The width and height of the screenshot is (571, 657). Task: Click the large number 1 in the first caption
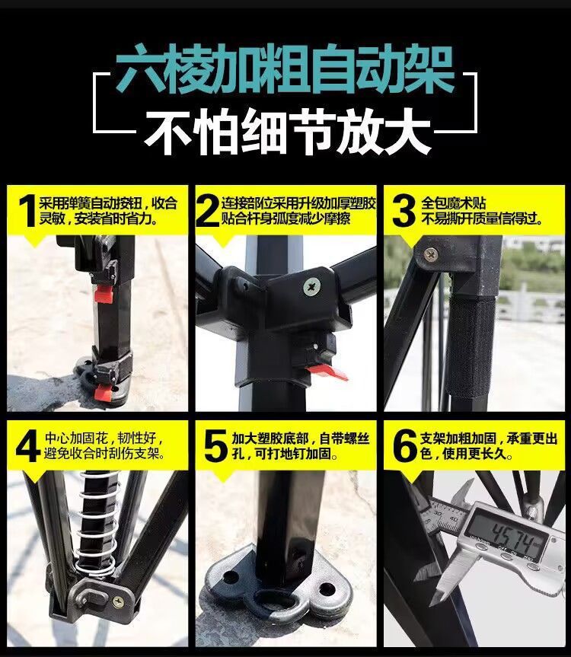click(26, 211)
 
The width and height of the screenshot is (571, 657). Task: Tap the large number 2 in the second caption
click(207, 211)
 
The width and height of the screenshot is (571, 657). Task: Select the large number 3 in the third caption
click(404, 211)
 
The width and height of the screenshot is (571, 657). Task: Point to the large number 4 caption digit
click(26, 446)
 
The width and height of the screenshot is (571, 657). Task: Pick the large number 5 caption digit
click(215, 446)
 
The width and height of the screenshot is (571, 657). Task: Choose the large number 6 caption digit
click(404, 446)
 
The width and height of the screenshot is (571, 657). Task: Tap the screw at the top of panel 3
click(431, 254)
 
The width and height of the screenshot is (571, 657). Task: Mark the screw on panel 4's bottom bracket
click(118, 601)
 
